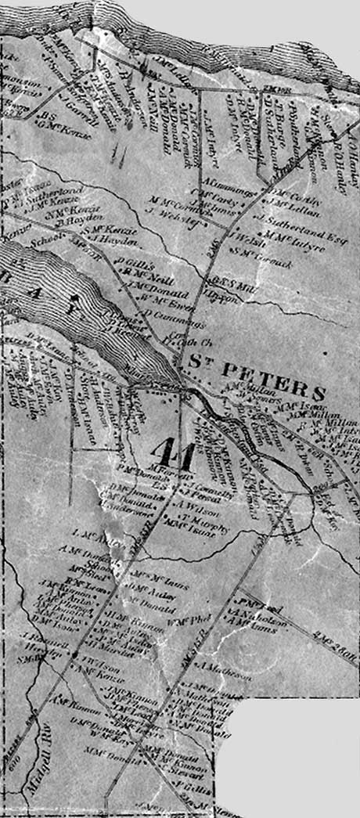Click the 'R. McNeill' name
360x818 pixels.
tap(149, 276)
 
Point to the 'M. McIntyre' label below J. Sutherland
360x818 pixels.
tap(290, 232)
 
